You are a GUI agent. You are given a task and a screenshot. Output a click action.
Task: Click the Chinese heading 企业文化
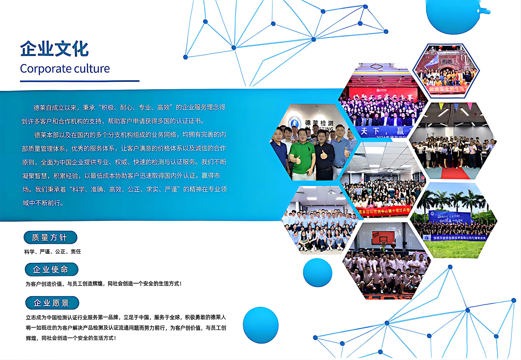pos(54,49)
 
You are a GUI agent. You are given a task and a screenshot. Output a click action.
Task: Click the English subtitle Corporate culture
pos(65,69)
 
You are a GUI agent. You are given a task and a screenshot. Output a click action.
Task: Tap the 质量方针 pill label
pos(50,238)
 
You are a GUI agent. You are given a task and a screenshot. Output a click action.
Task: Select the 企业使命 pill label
pos(51,269)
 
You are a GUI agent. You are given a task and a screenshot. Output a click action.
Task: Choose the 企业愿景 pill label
pos(52,303)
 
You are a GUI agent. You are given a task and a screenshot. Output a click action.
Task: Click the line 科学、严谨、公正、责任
pos(53,252)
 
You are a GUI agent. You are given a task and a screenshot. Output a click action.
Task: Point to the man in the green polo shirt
pos(301,155)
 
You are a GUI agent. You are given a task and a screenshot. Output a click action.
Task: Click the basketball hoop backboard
pos(383,237)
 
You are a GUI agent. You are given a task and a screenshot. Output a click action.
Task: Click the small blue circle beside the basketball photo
pos(317,272)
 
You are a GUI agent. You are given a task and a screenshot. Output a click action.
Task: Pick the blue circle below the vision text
pos(260,325)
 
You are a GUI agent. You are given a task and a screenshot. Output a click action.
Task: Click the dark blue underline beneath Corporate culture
pos(80,81)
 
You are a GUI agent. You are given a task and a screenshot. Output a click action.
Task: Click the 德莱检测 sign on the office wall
pos(319,123)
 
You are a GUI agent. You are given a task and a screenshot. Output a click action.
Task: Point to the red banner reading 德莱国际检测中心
pos(384,211)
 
